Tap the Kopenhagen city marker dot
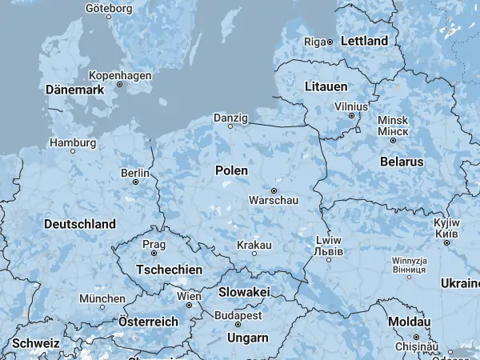point(119,84)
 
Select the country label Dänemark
point(75,90)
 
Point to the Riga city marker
point(329,42)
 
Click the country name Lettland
point(364,41)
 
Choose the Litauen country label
point(326,85)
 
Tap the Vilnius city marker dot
point(351,115)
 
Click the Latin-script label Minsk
point(392,120)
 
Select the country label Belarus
point(402,162)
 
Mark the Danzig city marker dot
point(230,126)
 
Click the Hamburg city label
point(73,142)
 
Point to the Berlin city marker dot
point(135,182)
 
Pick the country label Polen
point(231,170)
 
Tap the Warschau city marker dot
point(274,190)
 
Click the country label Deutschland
point(80,224)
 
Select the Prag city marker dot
point(153,254)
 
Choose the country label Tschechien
point(170,270)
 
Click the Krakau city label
point(254,244)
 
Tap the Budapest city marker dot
point(238,325)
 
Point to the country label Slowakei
point(244,293)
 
